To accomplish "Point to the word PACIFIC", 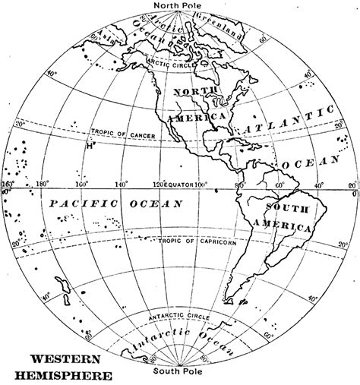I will [x=76, y=204].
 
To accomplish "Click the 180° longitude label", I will [x=43, y=185].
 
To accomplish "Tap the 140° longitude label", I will [x=120, y=185].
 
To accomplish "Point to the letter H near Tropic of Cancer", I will [x=90, y=146].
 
